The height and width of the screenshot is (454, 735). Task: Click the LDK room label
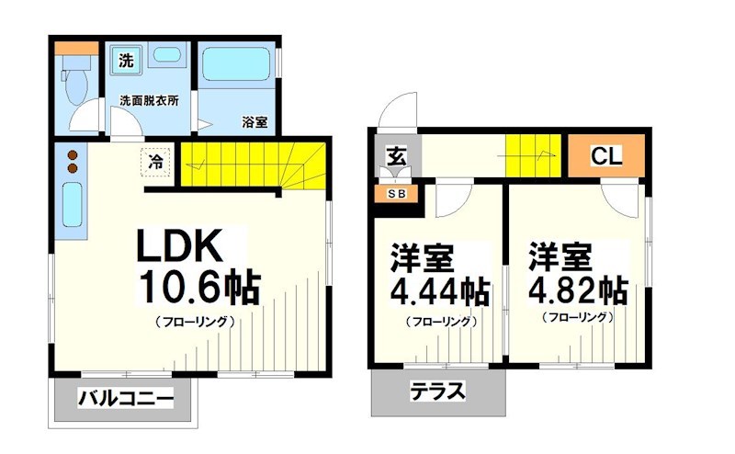pyautogui.click(x=178, y=246)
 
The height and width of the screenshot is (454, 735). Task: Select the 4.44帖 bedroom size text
pyautogui.click(x=439, y=291)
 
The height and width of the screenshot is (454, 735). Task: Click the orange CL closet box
pyautogui.click(x=605, y=156)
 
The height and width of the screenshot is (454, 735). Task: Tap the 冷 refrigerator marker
pyautogui.click(x=156, y=162)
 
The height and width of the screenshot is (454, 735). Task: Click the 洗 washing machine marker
pyautogui.click(x=125, y=62)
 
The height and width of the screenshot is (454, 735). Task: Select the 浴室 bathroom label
pyautogui.click(x=254, y=120)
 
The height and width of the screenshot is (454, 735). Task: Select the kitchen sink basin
pyautogui.click(x=71, y=207)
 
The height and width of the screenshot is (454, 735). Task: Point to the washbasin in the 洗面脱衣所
pyautogui.click(x=166, y=56)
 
